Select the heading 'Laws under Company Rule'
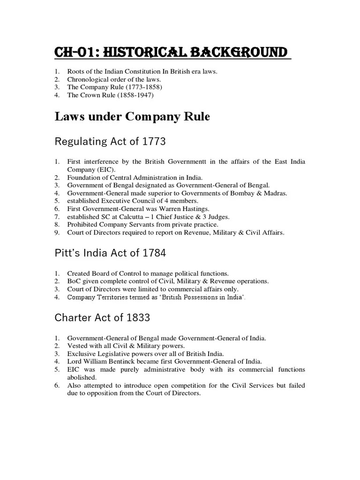point(132,117)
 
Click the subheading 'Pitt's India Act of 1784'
point(111,253)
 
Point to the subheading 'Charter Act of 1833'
point(102,317)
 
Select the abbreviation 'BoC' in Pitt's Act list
point(74,281)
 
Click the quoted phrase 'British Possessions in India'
point(199,297)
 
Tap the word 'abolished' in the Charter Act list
point(82,377)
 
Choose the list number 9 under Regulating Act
point(57,232)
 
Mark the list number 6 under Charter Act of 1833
point(57,385)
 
